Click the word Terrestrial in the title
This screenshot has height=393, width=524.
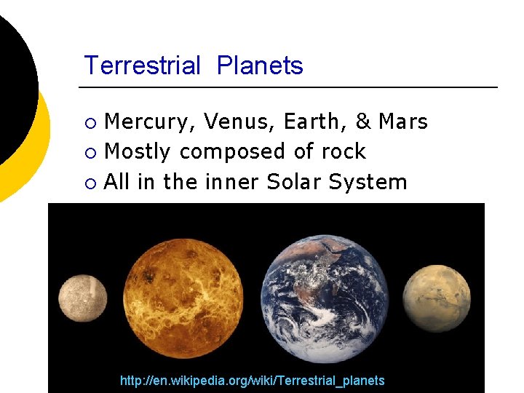142,65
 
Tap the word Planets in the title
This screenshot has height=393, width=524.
260,65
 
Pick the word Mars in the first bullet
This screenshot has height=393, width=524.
403,122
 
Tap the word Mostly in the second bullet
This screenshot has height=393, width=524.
138,151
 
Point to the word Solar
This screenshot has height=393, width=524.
294,181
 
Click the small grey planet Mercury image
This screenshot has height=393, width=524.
82,298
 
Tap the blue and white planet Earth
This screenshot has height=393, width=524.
325,298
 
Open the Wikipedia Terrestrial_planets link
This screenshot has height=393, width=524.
252,381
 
